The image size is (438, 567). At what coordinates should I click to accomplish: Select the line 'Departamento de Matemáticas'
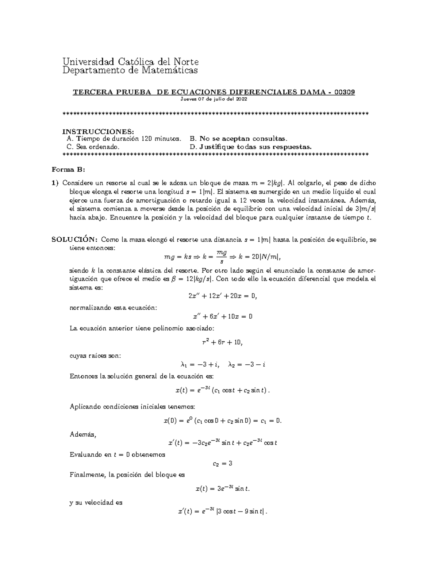tap(130, 70)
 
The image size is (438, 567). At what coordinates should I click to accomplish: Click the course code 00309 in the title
tap(345, 92)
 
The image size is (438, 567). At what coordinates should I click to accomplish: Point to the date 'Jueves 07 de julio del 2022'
tap(214, 99)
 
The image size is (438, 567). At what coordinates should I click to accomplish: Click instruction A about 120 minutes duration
tap(124, 139)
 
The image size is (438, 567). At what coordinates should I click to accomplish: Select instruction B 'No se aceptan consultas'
tap(239, 139)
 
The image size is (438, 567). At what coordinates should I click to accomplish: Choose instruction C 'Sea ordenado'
tap(93, 147)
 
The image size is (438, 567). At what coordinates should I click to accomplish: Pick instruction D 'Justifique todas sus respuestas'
tap(251, 147)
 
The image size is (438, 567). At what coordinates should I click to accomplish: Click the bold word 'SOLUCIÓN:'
tap(74, 240)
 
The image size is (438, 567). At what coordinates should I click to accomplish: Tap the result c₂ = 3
tap(223, 463)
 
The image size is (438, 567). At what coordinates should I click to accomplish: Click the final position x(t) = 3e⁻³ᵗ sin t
tap(223, 489)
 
